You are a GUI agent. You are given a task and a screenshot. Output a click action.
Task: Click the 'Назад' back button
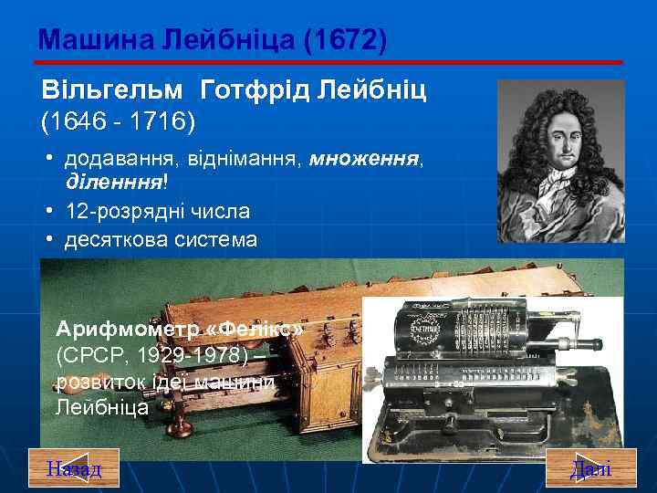pos(75,469)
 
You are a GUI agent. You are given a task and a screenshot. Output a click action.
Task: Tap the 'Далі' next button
pos(590,469)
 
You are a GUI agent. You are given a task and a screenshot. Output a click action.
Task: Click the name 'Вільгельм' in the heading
pos(113,90)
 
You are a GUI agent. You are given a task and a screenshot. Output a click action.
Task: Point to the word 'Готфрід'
pos(255,90)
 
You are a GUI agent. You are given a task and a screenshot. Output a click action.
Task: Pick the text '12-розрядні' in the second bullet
pos(120,212)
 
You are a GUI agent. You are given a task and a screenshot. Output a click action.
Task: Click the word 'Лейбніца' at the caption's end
pos(102,406)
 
